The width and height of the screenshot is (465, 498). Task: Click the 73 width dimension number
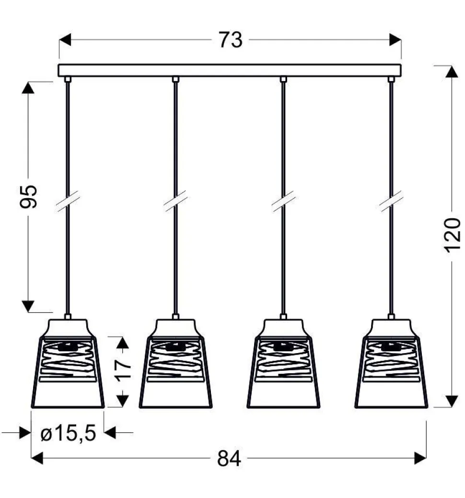click(x=231, y=40)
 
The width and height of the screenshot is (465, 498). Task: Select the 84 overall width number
click(x=229, y=459)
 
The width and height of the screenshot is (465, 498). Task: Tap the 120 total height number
click(x=452, y=236)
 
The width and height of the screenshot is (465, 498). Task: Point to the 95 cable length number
click(x=28, y=197)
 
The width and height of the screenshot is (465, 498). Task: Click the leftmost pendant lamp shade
click(x=68, y=364)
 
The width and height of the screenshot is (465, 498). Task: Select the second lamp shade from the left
click(x=175, y=364)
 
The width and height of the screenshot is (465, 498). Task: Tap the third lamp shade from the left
click(x=283, y=364)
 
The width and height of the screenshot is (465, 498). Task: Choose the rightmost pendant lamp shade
click(x=391, y=364)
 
